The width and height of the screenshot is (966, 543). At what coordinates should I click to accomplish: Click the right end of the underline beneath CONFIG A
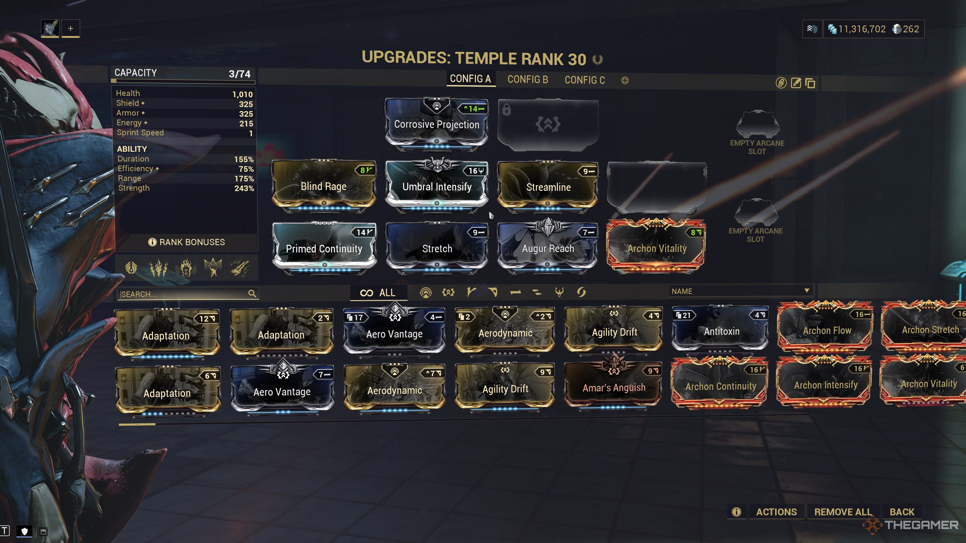pos(495,86)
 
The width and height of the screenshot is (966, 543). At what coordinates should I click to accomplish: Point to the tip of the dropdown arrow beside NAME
pos(807,293)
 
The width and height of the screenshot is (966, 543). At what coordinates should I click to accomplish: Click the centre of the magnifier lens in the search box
pos(252,293)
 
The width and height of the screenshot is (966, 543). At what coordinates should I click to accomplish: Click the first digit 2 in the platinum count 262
pos(906,29)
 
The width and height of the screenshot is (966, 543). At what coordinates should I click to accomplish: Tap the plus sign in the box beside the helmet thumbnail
pos(70,28)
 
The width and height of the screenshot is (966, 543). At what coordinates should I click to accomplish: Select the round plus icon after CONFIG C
pos(625,80)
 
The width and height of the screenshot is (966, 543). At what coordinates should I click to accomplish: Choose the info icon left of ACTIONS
pos(737,512)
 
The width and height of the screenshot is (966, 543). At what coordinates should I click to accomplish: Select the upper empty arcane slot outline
pos(757,124)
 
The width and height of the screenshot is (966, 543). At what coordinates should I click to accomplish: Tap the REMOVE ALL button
pos(843,512)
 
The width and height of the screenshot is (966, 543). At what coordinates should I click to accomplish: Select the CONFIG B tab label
pos(528,79)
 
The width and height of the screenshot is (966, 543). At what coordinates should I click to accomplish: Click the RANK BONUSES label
pos(192,242)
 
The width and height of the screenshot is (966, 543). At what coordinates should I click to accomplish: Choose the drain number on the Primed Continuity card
pos(361,232)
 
